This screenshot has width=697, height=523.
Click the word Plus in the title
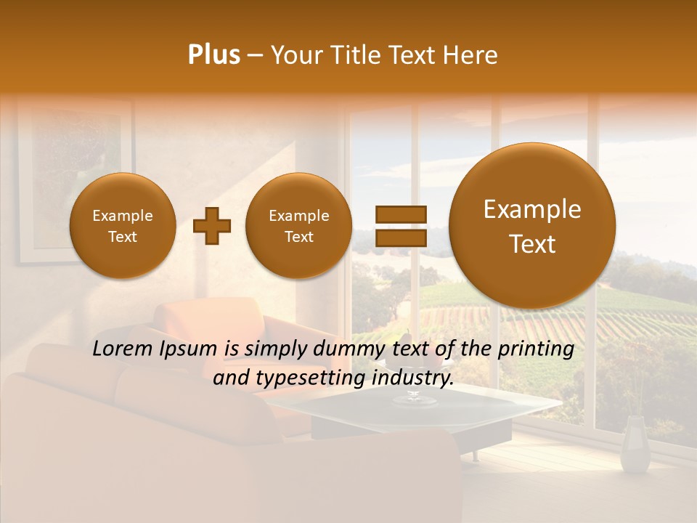[214, 55]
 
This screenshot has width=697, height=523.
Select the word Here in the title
[473, 55]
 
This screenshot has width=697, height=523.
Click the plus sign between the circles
[211, 226]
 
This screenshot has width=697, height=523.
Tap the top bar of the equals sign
[400, 214]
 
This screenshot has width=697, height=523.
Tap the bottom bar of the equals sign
[400, 238]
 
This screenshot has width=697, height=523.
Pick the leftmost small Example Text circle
[123, 226]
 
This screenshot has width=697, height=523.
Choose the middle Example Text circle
[298, 226]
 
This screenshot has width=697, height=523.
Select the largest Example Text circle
[532, 226]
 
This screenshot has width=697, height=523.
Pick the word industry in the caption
[410, 378]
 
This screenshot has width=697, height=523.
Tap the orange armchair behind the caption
[218, 320]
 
